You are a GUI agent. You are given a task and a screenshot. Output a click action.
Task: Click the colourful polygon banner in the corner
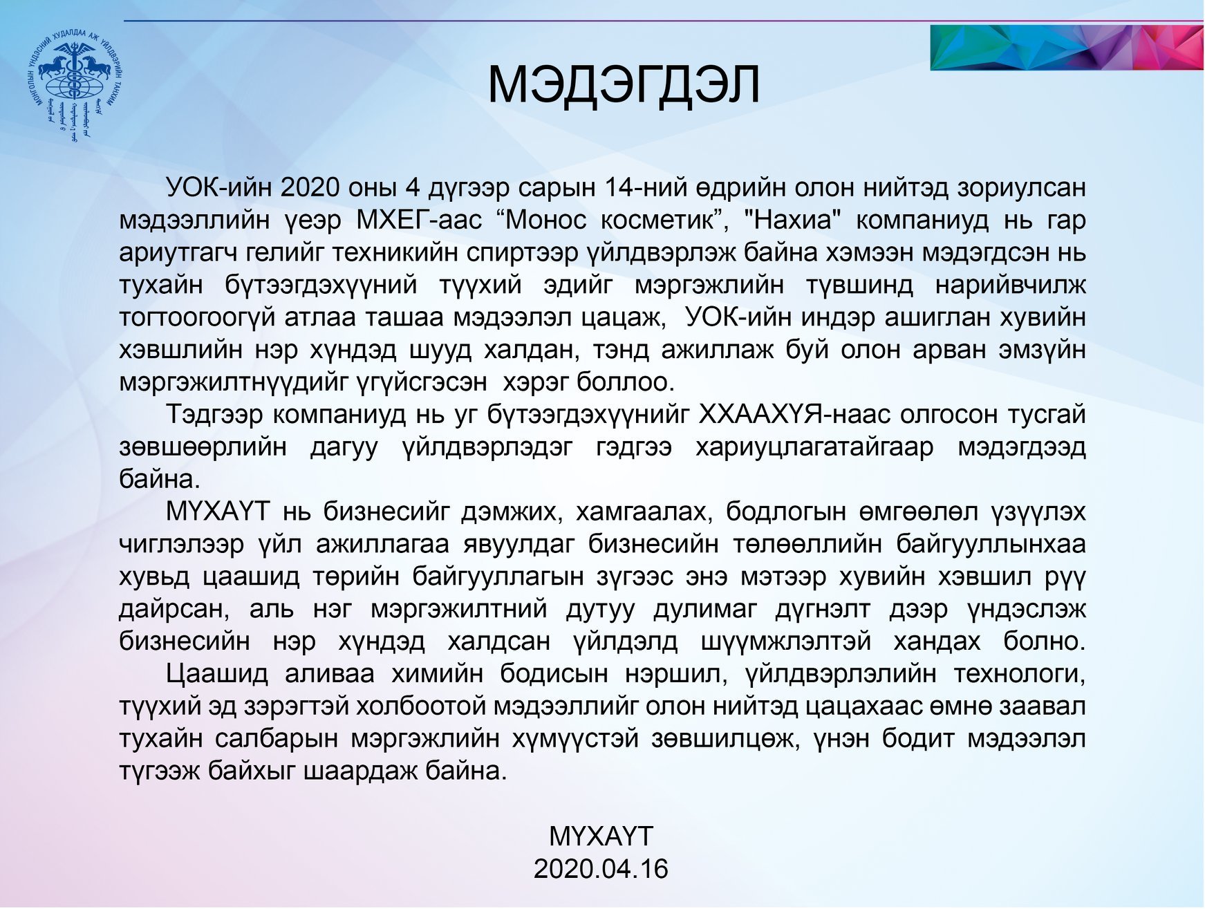coord(1067,47)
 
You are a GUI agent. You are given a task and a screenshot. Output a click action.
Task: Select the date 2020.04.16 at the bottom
coord(601,869)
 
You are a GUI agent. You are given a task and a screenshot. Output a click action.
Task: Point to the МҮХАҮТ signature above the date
coord(601,836)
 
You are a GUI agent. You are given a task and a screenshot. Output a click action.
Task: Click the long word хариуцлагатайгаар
coord(814,447)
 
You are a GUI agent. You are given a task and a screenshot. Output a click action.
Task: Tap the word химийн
coord(437,673)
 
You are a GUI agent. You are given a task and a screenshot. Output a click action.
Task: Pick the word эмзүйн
coord(1042,349)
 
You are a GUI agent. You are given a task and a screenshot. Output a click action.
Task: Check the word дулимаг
coord(705,608)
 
